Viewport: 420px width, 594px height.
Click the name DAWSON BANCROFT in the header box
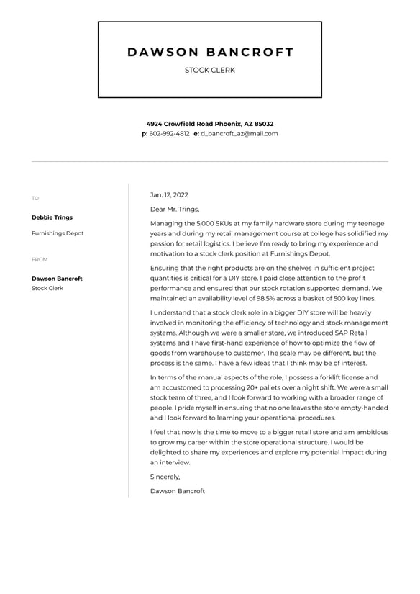(210, 52)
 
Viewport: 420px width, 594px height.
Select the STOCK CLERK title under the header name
(210, 71)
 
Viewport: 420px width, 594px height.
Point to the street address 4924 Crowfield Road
(183, 124)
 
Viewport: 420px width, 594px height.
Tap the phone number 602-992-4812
(170, 134)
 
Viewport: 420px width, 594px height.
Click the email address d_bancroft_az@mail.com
(239, 134)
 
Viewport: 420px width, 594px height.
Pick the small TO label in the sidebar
(35, 199)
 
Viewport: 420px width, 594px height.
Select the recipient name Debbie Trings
(52, 217)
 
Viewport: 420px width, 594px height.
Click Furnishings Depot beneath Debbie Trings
(58, 233)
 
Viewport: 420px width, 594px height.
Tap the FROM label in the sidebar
(40, 260)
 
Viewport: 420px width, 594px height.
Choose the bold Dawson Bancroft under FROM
(57, 279)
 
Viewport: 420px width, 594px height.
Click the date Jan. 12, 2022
(169, 195)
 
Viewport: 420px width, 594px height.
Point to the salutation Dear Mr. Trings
(174, 210)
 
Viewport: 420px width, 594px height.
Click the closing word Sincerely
(165, 477)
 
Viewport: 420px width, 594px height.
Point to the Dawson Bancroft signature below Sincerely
(178, 491)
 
